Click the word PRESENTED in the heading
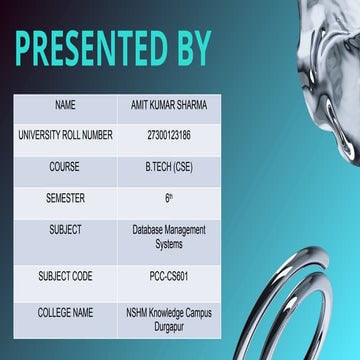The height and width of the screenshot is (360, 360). (85, 47)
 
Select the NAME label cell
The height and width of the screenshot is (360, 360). (65, 104)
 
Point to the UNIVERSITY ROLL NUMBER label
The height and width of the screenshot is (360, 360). (65, 135)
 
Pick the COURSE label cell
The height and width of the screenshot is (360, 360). (65, 167)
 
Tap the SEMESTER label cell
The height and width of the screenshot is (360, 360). (65, 199)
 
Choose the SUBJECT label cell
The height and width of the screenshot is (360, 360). (65, 230)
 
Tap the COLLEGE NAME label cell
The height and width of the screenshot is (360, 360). (65, 313)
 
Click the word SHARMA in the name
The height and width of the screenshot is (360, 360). (191, 104)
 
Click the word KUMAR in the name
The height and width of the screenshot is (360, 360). (160, 104)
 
